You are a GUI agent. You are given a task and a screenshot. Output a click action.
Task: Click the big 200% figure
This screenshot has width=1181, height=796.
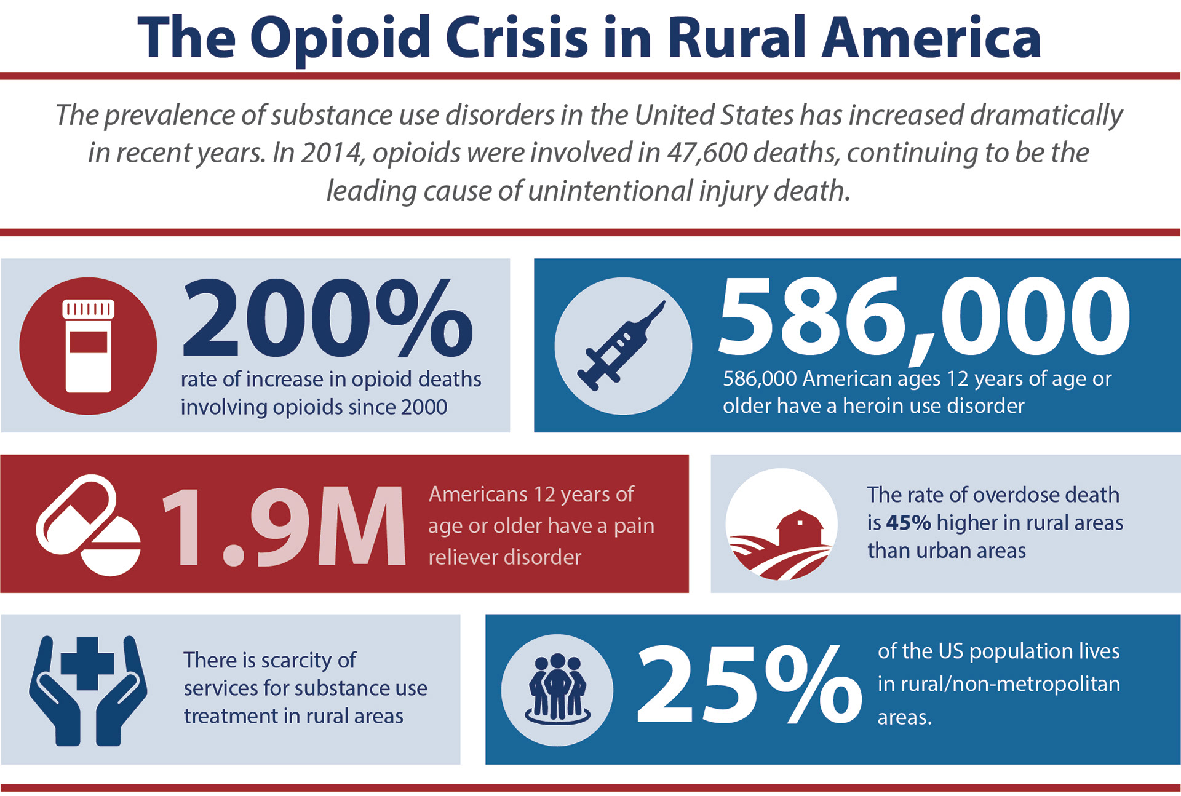(x=327, y=318)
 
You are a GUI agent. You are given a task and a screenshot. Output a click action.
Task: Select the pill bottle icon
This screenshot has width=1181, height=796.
(x=89, y=346)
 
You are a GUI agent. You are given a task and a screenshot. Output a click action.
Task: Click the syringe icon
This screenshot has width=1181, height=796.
(x=621, y=346)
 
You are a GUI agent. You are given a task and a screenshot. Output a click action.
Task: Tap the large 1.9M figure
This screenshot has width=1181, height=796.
(x=283, y=527)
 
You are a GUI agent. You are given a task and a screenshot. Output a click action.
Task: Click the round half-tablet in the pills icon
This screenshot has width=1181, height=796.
(x=111, y=546)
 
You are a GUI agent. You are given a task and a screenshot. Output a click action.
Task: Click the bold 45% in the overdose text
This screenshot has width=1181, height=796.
(x=908, y=523)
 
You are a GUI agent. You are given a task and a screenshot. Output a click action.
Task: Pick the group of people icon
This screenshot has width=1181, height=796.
(x=557, y=689)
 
